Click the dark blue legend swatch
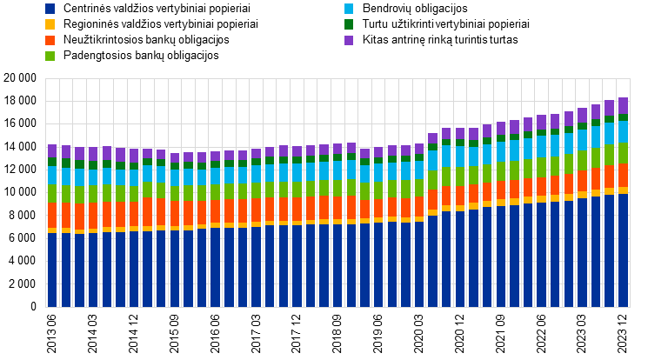coord(50,9)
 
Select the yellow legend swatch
coord(50,24)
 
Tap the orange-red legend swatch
coord(50,40)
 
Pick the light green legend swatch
coord(50,56)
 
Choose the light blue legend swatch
coord(349,9)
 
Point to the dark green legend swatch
coord(349,24)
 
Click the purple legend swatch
coord(349,40)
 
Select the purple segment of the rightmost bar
coord(623,105)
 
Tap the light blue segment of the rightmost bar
coord(623,131)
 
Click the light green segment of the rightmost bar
coord(623,153)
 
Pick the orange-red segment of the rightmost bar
coord(623,175)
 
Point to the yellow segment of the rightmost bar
coord(623,190)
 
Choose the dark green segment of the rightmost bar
coord(623,117)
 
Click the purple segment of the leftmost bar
coord(52,151)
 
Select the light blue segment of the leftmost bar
coord(52,175)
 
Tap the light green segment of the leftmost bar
coord(52,193)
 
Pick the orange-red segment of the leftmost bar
coord(52,216)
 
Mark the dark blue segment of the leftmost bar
coord(52,270)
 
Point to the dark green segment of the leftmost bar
coord(52,162)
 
